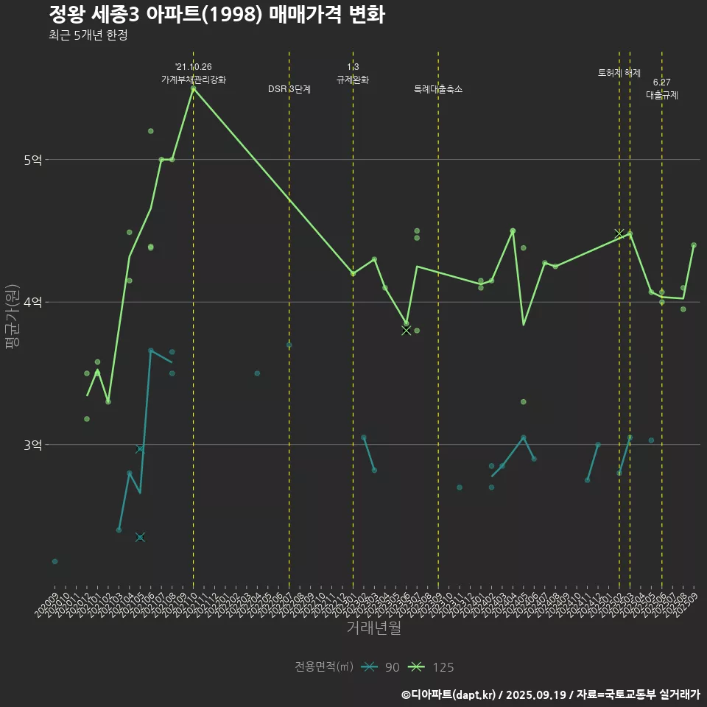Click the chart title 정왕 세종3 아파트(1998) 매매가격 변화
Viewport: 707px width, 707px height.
coord(217,14)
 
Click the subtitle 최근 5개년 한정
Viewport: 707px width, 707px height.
coord(88,35)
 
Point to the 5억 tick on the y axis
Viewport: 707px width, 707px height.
coord(32,160)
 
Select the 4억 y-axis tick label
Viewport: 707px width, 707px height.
coord(32,302)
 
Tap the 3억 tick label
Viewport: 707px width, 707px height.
coord(32,445)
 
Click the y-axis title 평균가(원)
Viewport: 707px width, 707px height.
coord(13,317)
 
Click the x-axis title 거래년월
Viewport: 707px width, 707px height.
coord(373,628)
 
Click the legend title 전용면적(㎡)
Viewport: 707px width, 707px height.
coord(324,667)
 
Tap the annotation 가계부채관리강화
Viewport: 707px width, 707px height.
coord(194,80)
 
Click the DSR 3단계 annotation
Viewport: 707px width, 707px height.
coord(289,89)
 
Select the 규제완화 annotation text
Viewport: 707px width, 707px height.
coord(353,80)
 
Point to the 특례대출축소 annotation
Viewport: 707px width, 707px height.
coord(438,89)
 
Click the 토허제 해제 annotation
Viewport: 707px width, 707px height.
coord(619,73)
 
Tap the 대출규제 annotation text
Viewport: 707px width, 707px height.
coord(662,95)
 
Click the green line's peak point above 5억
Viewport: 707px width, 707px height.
coord(193,88)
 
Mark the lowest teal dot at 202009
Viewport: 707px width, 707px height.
coord(54,561)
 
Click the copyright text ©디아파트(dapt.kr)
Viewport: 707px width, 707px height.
coord(449,694)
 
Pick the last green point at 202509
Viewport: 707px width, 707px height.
coord(694,245)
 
